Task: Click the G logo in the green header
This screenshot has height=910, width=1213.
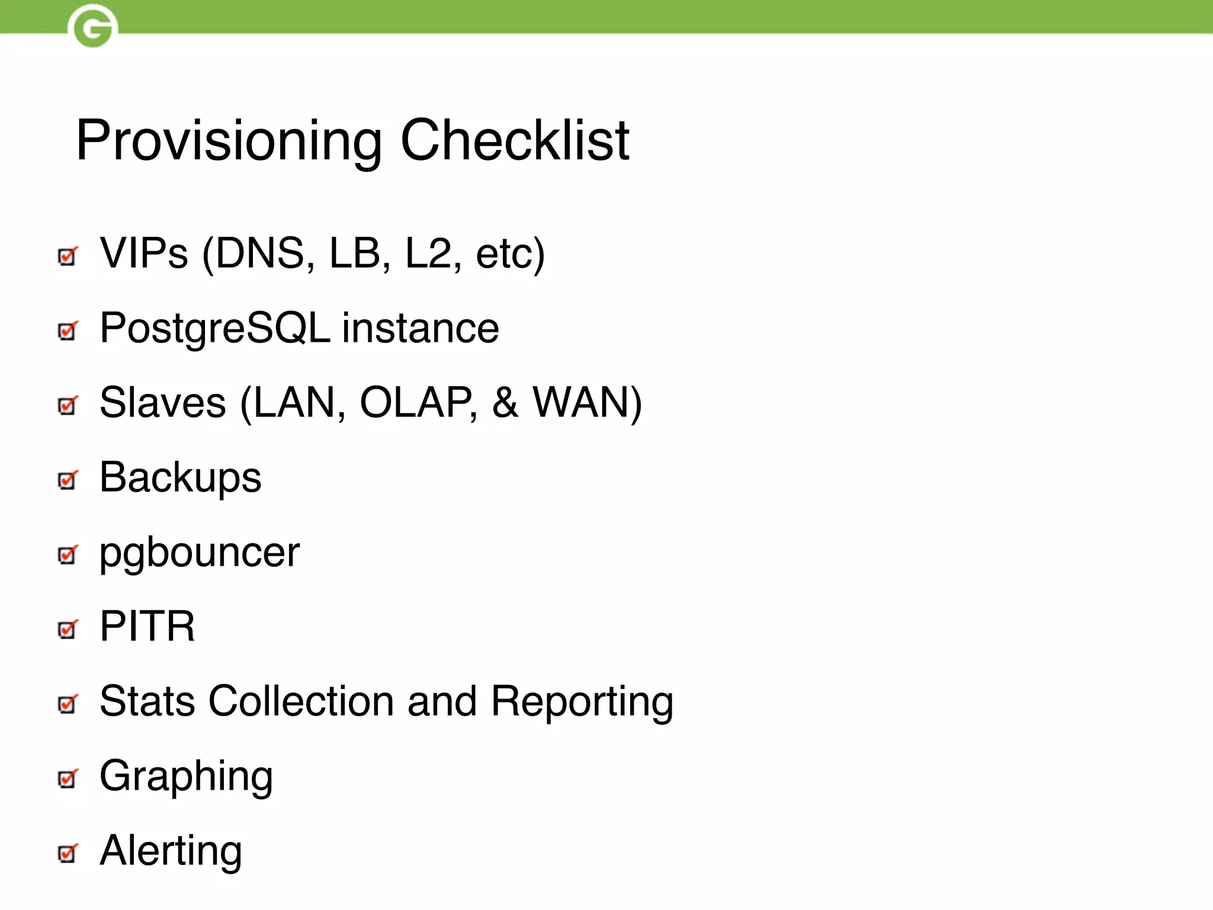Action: pos(92,27)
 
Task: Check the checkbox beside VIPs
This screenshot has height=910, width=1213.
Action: pos(68,257)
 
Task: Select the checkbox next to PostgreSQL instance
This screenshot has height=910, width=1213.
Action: pos(68,331)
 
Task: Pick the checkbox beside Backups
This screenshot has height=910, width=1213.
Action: pos(68,480)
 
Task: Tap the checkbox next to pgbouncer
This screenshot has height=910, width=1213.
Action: pos(68,555)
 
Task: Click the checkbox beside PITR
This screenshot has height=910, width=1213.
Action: pos(68,629)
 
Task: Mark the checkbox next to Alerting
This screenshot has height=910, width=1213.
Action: pos(68,853)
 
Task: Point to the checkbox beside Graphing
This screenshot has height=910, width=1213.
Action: pos(68,778)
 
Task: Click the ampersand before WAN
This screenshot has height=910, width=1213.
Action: pos(505,403)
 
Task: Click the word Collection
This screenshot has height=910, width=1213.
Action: pos(301,701)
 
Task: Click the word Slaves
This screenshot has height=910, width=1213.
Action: pos(163,403)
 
